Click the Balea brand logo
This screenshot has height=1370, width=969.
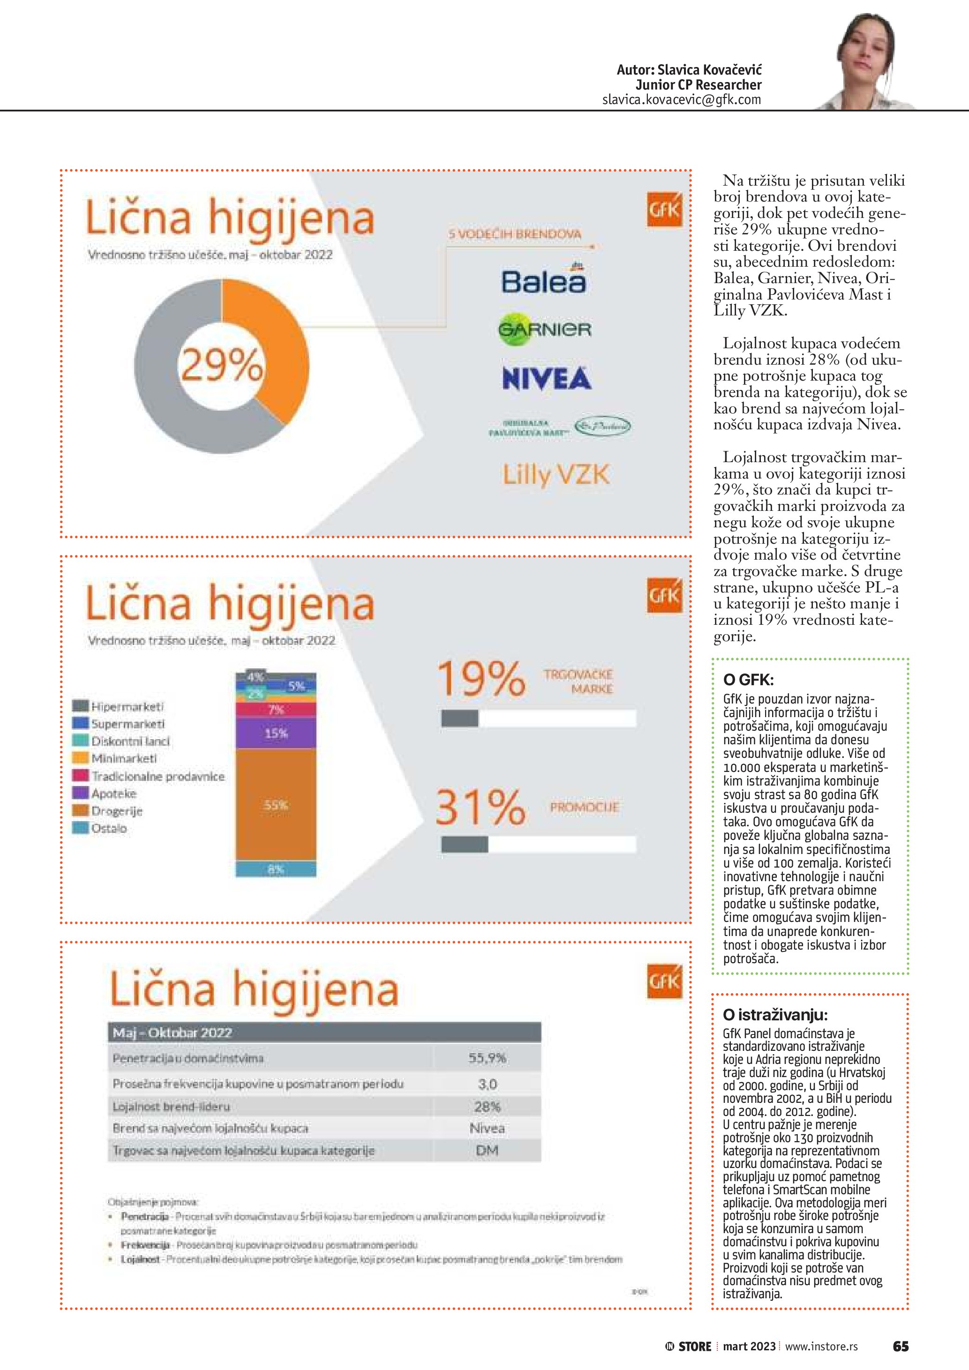(x=543, y=280)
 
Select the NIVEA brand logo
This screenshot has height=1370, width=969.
(x=547, y=378)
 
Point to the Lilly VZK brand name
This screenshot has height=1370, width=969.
(x=556, y=475)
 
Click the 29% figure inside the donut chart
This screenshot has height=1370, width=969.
(x=221, y=364)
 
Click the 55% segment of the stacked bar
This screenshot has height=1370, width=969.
(x=276, y=805)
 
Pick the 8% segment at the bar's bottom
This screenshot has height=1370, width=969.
(x=276, y=869)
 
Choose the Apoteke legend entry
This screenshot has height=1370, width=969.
(x=113, y=794)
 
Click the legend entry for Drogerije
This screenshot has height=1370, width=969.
(x=116, y=811)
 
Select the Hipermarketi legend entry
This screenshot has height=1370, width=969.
(x=127, y=706)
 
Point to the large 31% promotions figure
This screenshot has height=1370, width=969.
(x=481, y=807)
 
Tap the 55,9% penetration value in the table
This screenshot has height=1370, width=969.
(x=487, y=1058)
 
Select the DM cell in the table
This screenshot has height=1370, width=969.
(x=487, y=1151)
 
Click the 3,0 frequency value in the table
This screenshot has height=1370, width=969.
(x=487, y=1084)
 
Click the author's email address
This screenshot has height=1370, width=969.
(x=682, y=100)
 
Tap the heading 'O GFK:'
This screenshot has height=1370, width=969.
(x=748, y=679)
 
